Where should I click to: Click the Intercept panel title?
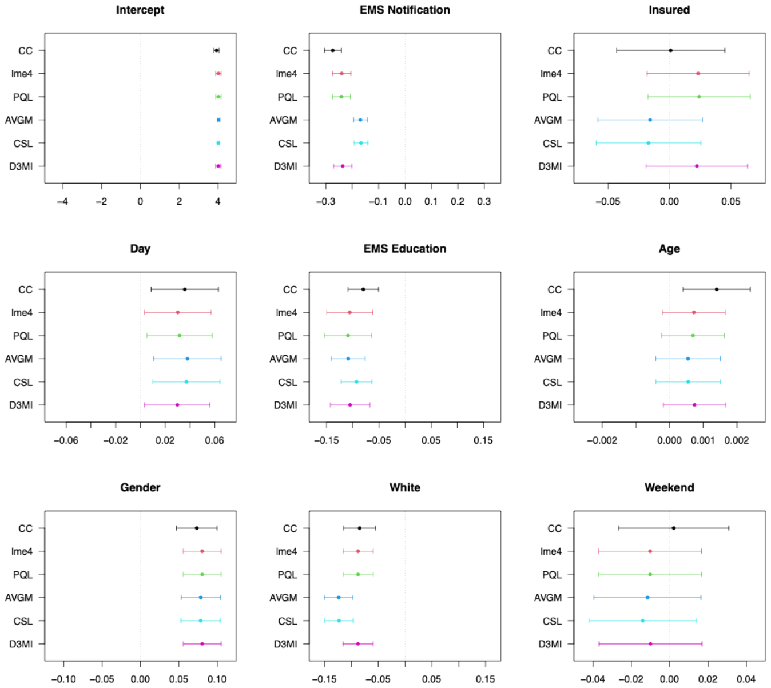coord(140,10)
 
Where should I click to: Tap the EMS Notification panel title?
coord(404,10)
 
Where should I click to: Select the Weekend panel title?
coord(669,487)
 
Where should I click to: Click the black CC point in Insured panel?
coord(670,50)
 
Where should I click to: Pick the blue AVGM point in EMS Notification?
coord(360,120)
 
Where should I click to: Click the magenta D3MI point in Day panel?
coord(177,405)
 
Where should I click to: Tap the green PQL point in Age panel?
coord(693,336)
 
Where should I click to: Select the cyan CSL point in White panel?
coord(339,621)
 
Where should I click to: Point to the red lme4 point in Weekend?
coord(650,551)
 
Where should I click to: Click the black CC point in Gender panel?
coord(196,528)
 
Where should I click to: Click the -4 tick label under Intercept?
coord(62,201)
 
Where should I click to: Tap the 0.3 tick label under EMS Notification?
coord(484,201)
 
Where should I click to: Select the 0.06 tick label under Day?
coord(214,440)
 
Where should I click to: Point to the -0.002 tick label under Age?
coord(602,440)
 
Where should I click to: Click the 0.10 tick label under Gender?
coord(217,679)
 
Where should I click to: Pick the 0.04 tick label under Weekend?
coord(746,679)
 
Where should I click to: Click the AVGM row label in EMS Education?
coord(283,359)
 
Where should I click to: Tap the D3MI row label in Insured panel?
coord(550,166)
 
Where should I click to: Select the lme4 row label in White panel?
coord(286,551)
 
